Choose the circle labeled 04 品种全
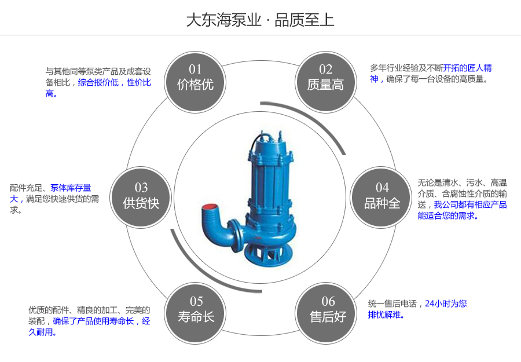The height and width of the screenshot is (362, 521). click(381, 196)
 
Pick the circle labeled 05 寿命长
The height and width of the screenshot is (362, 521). click(196, 309)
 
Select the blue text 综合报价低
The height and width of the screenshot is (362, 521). click(98, 83)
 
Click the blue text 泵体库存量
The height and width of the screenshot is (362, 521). click(71, 188)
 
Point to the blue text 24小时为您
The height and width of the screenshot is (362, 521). click(446, 304)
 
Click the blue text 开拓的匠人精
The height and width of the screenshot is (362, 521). click(468, 68)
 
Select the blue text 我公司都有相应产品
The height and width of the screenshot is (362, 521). click(470, 204)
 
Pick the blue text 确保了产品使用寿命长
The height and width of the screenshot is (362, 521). click(93, 321)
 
